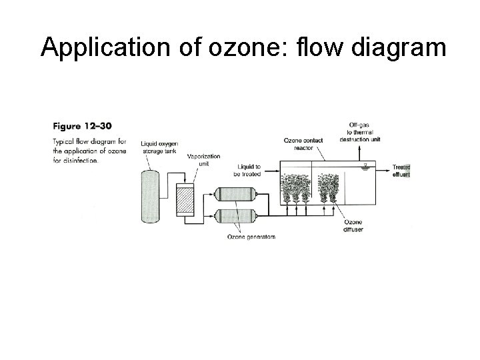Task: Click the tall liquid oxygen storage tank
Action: pos(151,195)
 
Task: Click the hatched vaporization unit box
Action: pos(183,197)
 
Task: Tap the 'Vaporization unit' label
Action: pos(199,160)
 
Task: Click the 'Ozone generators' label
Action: pos(251,237)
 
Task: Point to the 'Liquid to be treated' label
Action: pos(247,169)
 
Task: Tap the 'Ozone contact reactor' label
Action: pos(303,144)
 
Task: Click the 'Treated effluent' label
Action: pos(401,171)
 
